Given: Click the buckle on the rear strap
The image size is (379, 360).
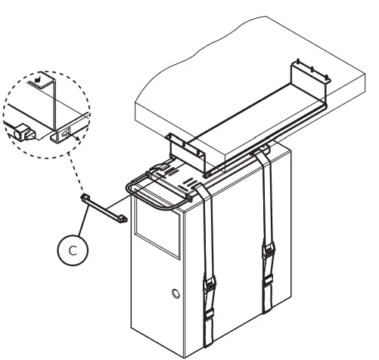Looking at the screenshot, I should pyautogui.click(x=267, y=251).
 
